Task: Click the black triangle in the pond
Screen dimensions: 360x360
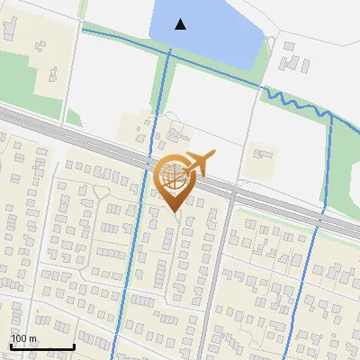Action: pos(181,24)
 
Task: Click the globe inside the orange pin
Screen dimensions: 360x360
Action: pos(174,176)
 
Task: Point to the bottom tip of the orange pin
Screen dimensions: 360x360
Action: pos(175,213)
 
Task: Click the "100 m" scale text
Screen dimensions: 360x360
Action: pos(24,338)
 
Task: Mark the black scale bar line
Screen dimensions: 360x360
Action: pos(41,346)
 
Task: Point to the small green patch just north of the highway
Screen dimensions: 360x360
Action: pos(74,118)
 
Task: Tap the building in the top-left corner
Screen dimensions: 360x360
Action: pos(8,27)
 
